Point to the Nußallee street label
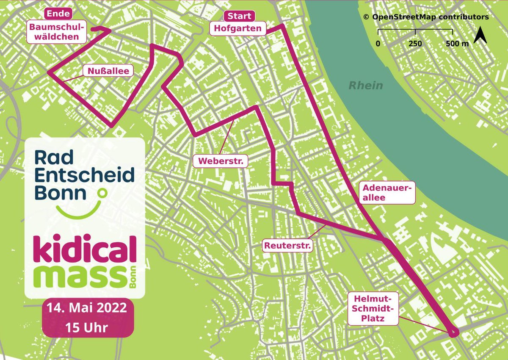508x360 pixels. point(108,70)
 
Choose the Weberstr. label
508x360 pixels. point(221,161)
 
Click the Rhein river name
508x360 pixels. point(366,86)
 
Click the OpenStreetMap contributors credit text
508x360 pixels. point(425,17)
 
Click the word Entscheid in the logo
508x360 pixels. point(84,175)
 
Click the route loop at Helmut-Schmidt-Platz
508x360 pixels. point(453,332)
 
